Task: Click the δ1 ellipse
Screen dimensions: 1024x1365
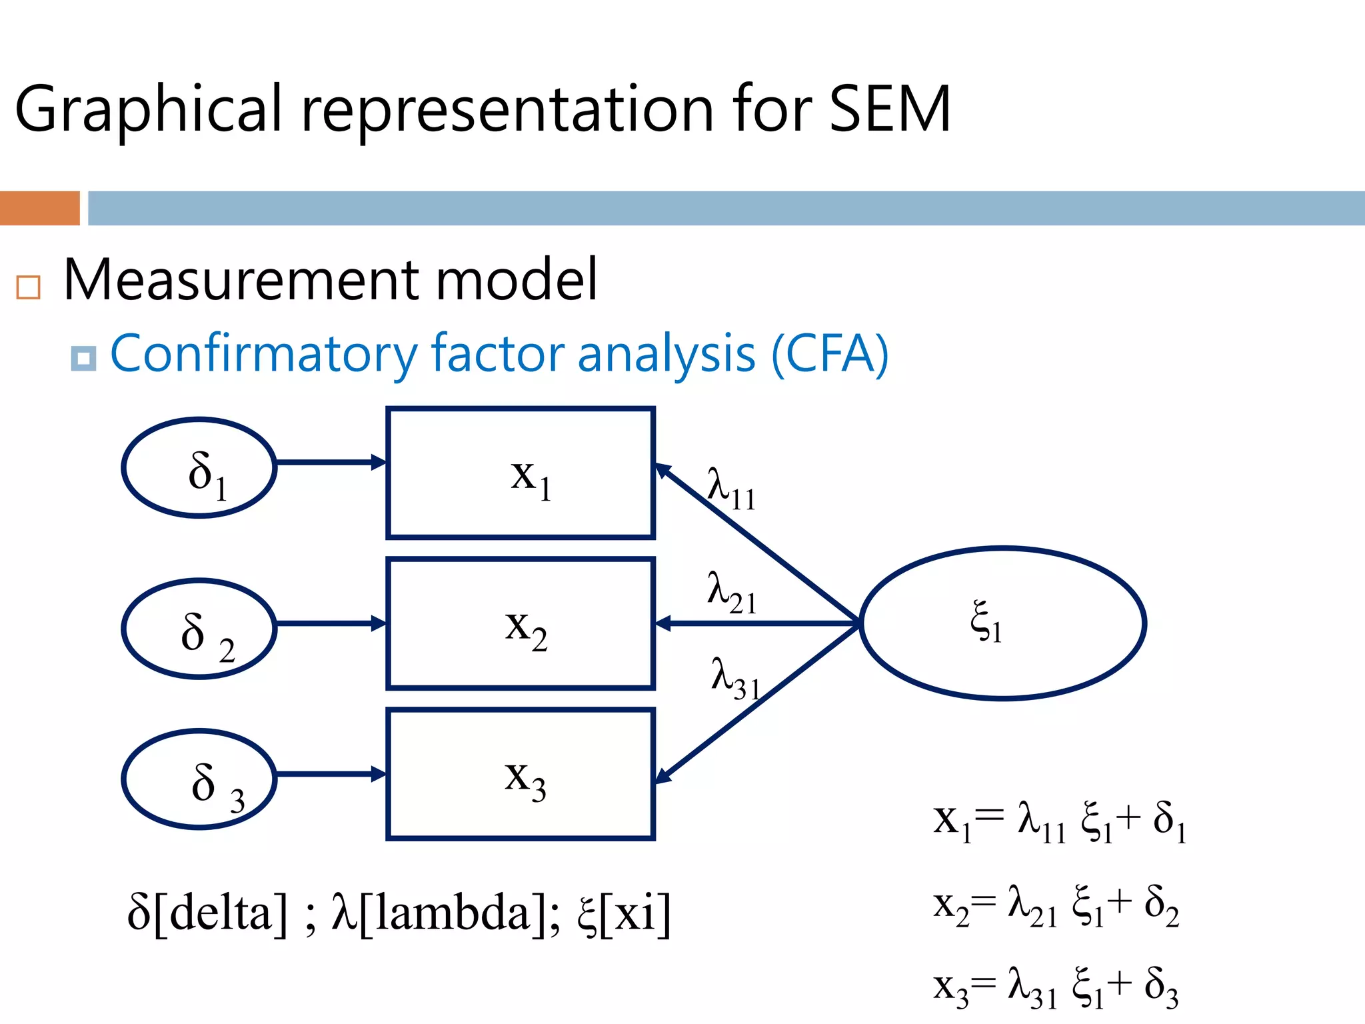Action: pos(199,468)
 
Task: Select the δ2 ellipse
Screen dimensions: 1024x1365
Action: pos(199,629)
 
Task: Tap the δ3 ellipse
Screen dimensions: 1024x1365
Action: pos(199,779)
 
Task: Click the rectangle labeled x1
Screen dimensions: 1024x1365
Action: pos(521,473)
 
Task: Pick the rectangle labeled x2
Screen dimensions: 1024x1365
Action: pos(521,623)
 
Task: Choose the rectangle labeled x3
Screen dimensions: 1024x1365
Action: pos(521,774)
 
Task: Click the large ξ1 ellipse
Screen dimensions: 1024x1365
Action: pos(1002,623)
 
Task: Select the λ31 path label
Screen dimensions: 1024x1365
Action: pos(735,678)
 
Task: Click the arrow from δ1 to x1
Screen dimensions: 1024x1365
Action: pos(330,462)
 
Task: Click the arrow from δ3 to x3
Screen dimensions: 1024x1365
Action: pos(330,774)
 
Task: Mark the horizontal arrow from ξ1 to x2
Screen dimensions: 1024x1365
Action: pos(756,623)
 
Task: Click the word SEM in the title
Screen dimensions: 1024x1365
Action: pos(889,109)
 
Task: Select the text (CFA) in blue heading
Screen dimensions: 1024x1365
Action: pos(829,353)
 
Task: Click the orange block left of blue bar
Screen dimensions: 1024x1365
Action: pos(39,208)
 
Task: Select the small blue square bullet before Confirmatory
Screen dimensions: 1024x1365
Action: pos(83,359)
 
